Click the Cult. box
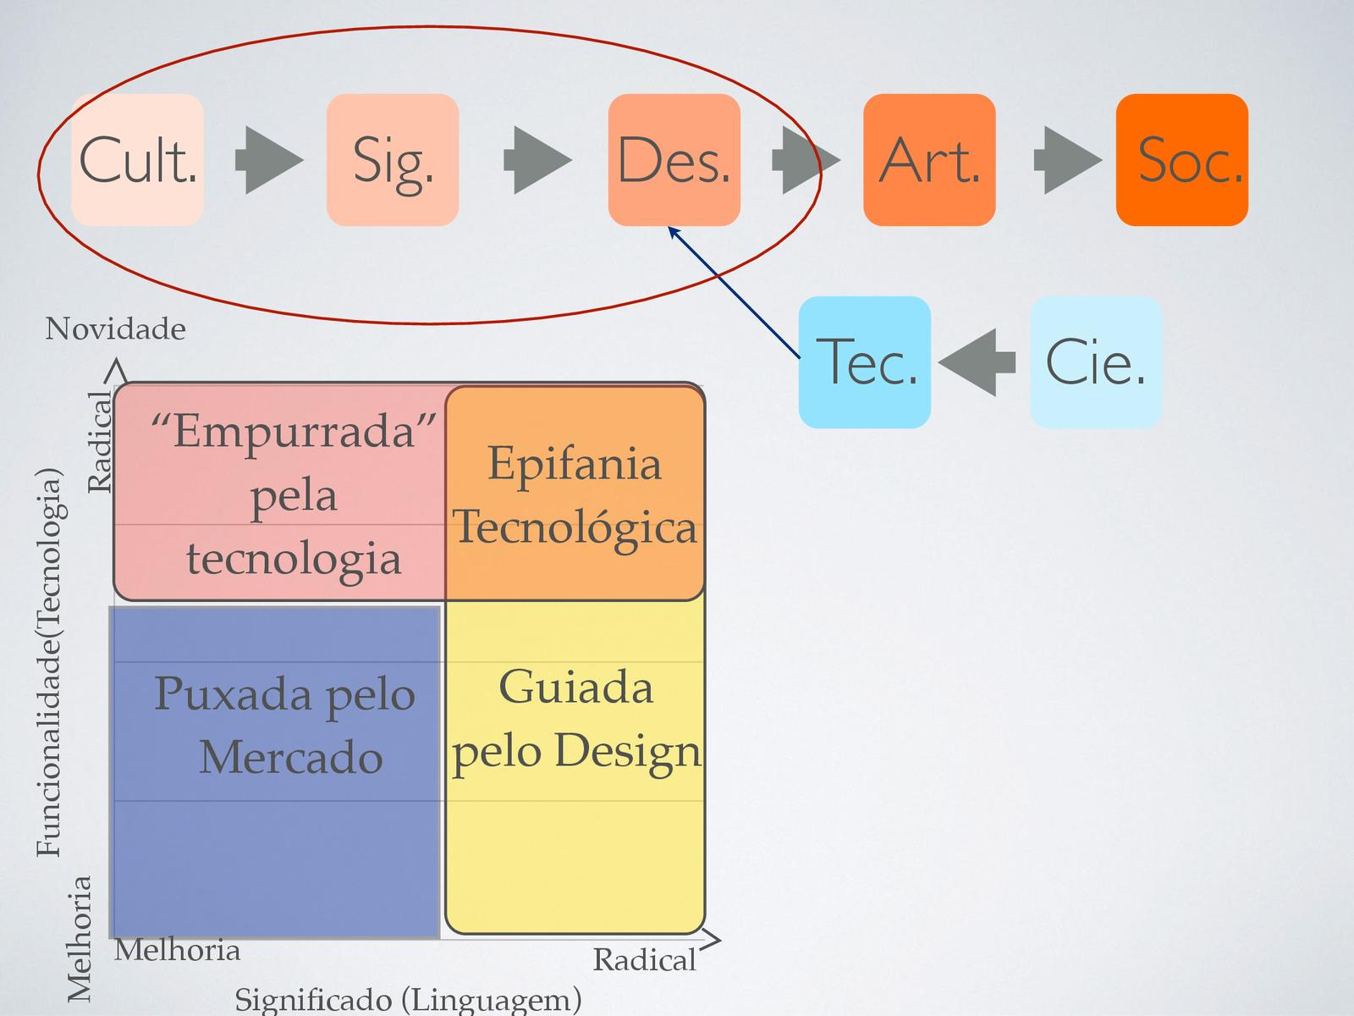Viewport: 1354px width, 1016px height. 137,160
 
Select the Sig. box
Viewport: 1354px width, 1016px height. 393,160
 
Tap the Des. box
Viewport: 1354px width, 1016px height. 674,160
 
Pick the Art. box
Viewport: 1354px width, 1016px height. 929,160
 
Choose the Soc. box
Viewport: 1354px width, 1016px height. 1182,160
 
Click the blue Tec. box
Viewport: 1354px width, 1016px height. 865,362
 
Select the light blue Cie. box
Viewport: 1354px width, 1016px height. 1095,362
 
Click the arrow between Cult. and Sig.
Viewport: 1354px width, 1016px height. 267,160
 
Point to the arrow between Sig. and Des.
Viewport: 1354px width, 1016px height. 537,160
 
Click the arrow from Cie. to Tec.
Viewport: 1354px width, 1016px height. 978,362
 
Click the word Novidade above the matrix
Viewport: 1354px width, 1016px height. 115,329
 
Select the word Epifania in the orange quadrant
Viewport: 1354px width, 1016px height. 574,464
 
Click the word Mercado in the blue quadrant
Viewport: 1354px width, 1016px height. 290,756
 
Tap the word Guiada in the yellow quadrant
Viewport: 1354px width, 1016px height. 575,687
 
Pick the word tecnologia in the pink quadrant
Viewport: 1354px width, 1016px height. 294,559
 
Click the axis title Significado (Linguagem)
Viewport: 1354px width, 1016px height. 408,1000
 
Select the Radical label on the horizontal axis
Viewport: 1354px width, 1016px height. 644,960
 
